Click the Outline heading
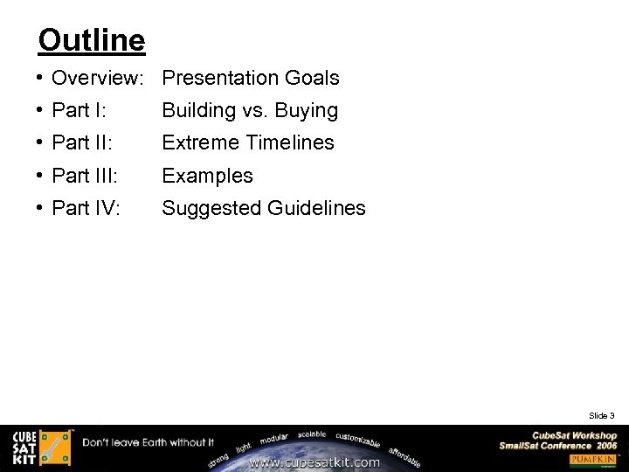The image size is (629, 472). click(x=92, y=40)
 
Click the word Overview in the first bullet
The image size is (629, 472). click(x=95, y=79)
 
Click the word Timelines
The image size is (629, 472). click(x=289, y=142)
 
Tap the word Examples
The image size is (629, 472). click(x=208, y=176)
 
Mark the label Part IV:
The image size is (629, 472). click(x=86, y=208)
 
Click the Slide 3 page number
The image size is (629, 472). click(x=602, y=415)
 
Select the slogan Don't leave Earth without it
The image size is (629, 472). click(x=149, y=442)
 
